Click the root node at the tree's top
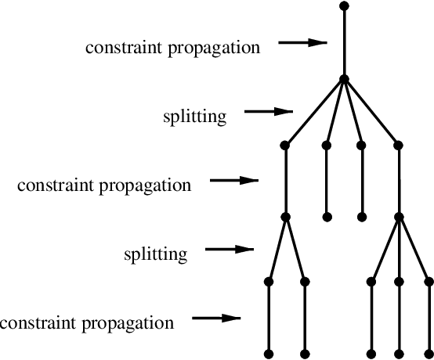click(344, 5)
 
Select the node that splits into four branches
click(344, 78)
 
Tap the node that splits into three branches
click(399, 216)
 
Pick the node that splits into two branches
click(285, 216)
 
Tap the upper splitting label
click(194, 117)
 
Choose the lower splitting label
click(156, 254)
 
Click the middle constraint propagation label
click(103, 186)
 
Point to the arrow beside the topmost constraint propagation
click(302, 43)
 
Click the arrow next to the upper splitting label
click(269, 112)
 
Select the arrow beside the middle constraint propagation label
click(234, 181)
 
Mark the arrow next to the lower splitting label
click(230, 250)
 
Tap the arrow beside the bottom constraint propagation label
click(215, 318)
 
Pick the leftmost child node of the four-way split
click(285, 145)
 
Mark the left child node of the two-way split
click(268, 280)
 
